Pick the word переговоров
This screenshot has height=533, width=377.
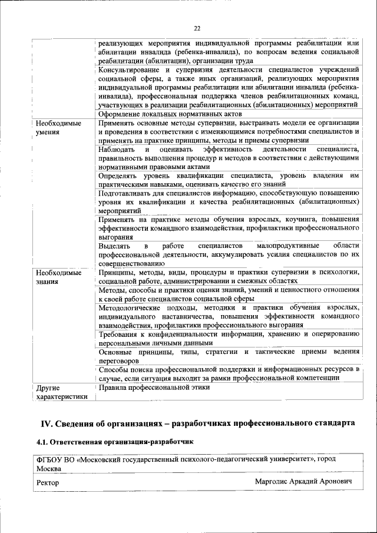click(x=118, y=360)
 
